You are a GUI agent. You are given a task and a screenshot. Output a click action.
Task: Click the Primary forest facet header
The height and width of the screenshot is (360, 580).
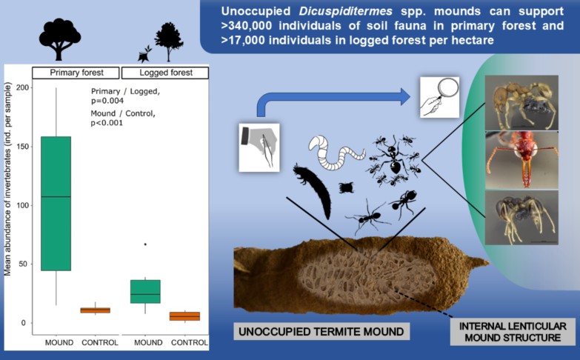(76, 73)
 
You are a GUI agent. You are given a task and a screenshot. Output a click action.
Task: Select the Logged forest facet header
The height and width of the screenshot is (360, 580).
(165, 73)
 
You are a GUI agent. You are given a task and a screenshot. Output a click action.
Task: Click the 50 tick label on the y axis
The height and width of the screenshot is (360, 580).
(23, 264)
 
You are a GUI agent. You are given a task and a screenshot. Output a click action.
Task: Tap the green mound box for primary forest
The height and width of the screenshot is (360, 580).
(56, 204)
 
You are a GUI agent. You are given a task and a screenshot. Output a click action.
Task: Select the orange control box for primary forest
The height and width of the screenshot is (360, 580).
(96, 310)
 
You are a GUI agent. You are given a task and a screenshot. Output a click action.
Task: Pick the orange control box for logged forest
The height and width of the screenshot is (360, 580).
(185, 316)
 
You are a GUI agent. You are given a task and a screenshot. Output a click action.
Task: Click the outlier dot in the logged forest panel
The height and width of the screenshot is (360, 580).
(145, 244)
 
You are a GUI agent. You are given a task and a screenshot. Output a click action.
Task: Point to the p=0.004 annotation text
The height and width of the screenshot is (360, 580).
(107, 101)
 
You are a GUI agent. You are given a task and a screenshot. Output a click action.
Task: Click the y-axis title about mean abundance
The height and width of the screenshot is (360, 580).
(7, 179)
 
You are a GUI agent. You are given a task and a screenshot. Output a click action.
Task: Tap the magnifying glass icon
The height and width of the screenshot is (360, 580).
(439, 97)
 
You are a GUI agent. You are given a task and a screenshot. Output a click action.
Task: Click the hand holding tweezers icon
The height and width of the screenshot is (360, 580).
(259, 147)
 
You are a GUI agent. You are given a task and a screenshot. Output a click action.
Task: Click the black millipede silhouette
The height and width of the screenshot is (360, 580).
(313, 191)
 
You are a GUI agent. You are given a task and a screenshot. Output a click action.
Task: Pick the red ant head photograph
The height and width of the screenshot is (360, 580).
(521, 160)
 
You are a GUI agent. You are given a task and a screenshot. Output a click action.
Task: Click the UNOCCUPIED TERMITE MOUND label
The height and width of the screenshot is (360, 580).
(321, 331)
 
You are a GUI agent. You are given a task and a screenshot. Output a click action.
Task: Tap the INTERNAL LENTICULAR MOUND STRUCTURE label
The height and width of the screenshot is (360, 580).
(513, 332)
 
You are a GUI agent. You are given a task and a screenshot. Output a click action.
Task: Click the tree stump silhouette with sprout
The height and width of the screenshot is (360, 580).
(144, 54)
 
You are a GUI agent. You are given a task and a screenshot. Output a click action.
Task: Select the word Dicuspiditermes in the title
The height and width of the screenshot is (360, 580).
(345, 11)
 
